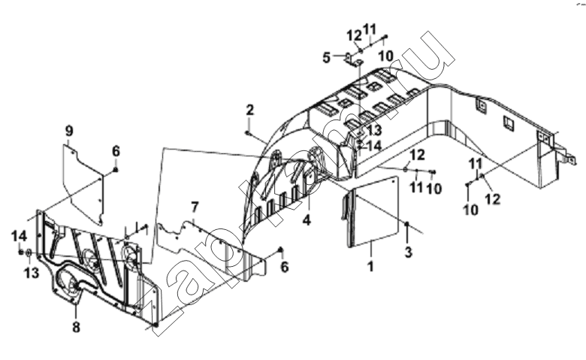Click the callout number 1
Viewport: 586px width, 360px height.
[370, 267]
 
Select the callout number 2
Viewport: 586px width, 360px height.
[249, 110]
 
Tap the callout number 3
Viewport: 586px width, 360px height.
[409, 253]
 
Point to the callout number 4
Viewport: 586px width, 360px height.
[307, 220]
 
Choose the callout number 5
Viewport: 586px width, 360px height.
[327, 58]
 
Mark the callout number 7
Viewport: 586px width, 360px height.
[195, 207]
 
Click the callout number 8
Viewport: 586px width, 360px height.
[76, 328]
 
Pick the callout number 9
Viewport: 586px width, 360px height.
[69, 132]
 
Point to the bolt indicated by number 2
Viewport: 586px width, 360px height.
[247, 132]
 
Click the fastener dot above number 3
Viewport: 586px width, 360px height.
[407, 223]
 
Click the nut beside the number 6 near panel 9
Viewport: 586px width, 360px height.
[116, 171]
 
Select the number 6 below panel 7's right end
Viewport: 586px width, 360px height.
[285, 267]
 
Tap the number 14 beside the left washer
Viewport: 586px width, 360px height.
[19, 236]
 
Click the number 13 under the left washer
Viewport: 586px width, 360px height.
[32, 273]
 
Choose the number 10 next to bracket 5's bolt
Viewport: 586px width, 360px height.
[385, 56]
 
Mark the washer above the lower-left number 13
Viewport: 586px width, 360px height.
[29, 253]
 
